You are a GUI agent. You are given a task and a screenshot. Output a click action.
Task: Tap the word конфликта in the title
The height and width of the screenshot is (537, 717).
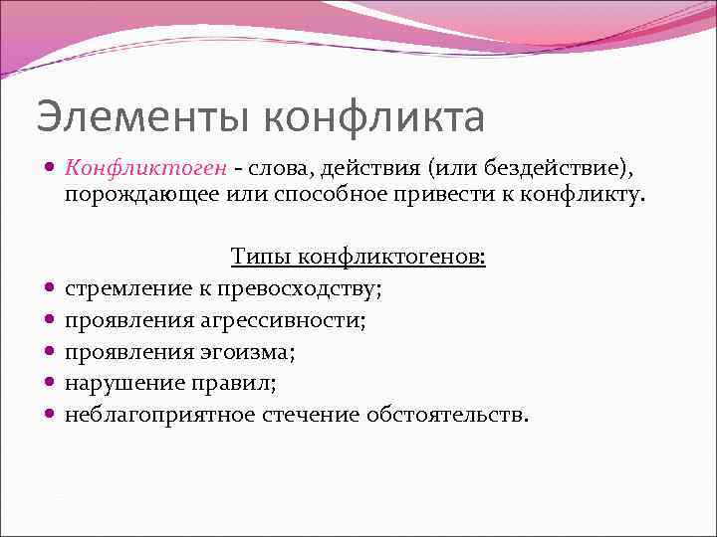point(373,117)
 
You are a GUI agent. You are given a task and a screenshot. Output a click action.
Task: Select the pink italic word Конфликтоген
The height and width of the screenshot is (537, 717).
point(144,166)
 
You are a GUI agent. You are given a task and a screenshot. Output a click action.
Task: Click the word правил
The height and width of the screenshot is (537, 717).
point(239,383)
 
